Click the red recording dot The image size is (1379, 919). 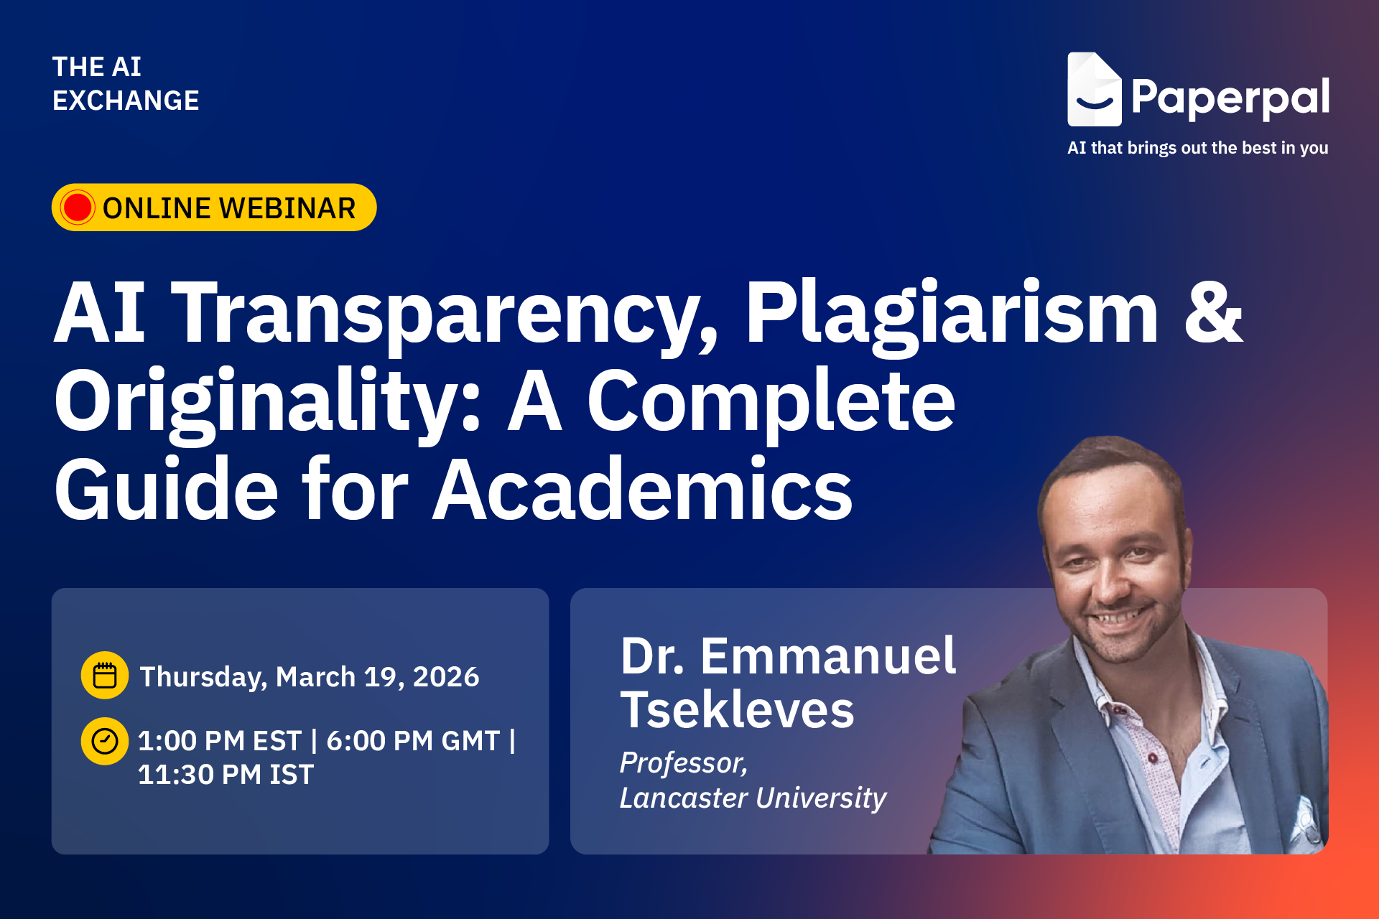(x=78, y=207)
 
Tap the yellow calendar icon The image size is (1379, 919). (x=105, y=676)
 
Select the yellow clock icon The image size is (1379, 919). (x=105, y=741)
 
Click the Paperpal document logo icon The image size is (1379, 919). (x=1094, y=89)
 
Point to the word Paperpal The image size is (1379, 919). (x=1230, y=98)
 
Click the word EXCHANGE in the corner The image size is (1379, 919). (x=126, y=101)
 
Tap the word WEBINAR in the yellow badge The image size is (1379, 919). (x=287, y=208)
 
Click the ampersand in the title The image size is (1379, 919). (x=1213, y=313)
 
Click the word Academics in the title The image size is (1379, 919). (x=643, y=490)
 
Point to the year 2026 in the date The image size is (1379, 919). (x=446, y=676)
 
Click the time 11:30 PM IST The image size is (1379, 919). (x=226, y=775)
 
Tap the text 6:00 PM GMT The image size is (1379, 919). (x=413, y=741)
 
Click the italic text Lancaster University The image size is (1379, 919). (x=753, y=798)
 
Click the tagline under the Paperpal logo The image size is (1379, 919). (x=1198, y=148)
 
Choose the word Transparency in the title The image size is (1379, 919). (x=445, y=314)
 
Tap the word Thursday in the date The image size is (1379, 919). (x=203, y=677)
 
